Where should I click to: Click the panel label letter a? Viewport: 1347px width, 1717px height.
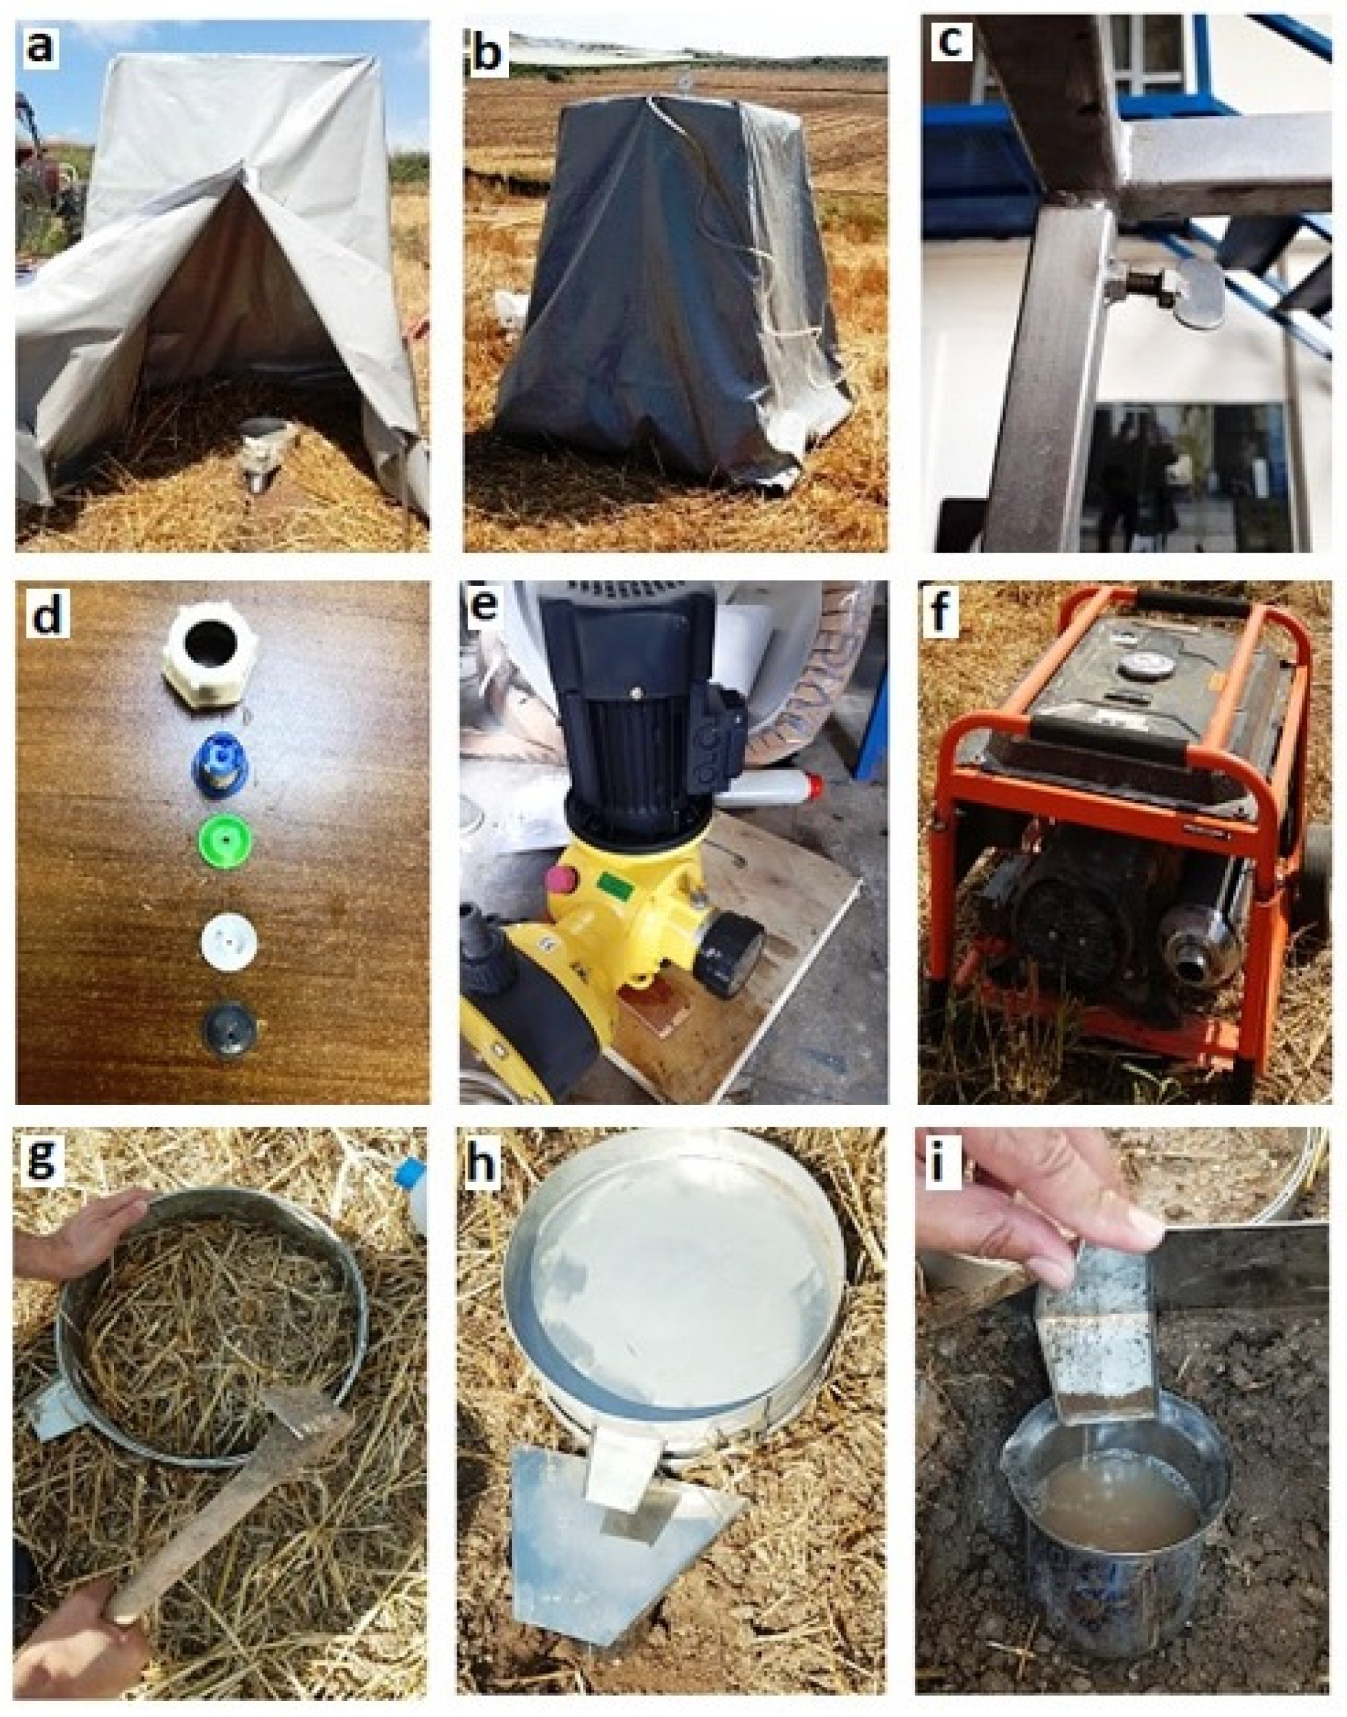(40, 46)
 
